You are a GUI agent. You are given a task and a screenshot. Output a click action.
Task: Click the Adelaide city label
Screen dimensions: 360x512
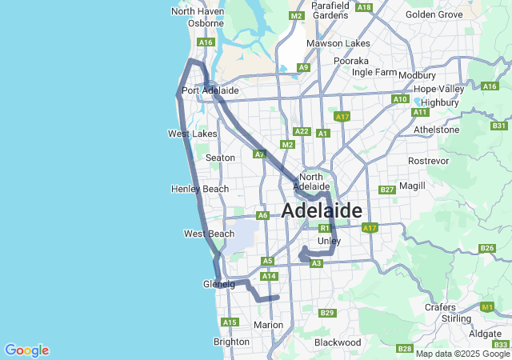pyautogui.click(x=322, y=210)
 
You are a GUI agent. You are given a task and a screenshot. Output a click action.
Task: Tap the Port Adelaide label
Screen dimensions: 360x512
pyautogui.click(x=210, y=90)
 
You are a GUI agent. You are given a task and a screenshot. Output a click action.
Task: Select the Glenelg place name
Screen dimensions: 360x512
pyautogui.click(x=218, y=283)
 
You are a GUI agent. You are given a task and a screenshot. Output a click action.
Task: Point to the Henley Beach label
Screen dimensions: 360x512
pyautogui.click(x=200, y=189)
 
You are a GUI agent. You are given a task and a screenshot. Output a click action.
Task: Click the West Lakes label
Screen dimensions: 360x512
pyautogui.click(x=192, y=134)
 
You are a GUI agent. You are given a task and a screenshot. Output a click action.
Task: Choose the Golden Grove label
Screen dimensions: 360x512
pyautogui.click(x=434, y=14)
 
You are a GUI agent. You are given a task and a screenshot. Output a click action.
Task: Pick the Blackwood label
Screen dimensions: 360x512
pyautogui.click(x=337, y=342)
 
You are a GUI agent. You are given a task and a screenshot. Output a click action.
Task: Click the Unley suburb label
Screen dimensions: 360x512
pyautogui.click(x=329, y=241)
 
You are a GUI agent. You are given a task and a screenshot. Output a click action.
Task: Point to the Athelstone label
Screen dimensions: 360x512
pyautogui.click(x=436, y=130)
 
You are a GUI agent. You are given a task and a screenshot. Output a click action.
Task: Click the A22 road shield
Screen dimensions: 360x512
pyautogui.click(x=302, y=131)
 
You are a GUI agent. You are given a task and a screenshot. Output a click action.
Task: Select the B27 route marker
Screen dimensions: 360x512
pyautogui.click(x=387, y=190)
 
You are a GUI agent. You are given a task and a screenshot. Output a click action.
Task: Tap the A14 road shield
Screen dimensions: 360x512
pyautogui.click(x=269, y=276)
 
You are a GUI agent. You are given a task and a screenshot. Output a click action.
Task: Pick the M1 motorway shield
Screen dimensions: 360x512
pyautogui.click(x=487, y=306)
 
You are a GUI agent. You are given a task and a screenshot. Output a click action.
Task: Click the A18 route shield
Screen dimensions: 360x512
pyautogui.click(x=364, y=7)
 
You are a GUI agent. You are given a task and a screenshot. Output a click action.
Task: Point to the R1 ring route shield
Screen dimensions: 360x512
pyautogui.click(x=325, y=228)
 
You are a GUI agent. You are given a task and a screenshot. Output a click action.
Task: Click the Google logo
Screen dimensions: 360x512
pyautogui.click(x=26, y=350)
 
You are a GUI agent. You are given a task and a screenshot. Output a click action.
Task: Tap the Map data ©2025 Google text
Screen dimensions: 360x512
pyautogui.click(x=462, y=354)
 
